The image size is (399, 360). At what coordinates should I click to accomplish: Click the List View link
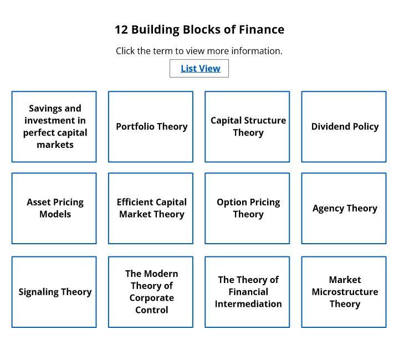pyautogui.click(x=201, y=68)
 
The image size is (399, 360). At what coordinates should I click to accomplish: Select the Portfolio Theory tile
pyautogui.click(x=151, y=127)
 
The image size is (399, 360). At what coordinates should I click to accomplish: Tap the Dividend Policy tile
pyautogui.click(x=344, y=127)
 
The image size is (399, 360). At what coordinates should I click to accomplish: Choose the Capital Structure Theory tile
pyautogui.click(x=247, y=127)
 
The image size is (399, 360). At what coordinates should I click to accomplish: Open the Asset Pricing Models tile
pyautogui.click(x=54, y=208)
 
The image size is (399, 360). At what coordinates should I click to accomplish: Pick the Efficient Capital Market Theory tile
pyautogui.click(x=151, y=208)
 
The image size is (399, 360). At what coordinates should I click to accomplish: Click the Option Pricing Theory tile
pyautogui.click(x=247, y=208)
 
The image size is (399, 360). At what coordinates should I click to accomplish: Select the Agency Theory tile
pyautogui.click(x=344, y=208)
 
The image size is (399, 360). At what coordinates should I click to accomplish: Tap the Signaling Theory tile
pyautogui.click(x=54, y=292)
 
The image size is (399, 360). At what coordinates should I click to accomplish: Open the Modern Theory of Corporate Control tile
pyautogui.click(x=151, y=292)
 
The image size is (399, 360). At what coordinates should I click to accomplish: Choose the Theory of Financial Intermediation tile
pyautogui.click(x=247, y=292)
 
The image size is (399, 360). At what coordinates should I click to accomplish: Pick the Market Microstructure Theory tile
pyautogui.click(x=344, y=292)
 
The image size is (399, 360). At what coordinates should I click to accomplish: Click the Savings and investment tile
pyautogui.click(x=54, y=127)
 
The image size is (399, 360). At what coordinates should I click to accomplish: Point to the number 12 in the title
pyautogui.click(x=121, y=29)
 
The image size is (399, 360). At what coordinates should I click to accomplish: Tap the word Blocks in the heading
pyautogui.click(x=202, y=29)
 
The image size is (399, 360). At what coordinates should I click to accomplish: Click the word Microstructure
pyautogui.click(x=345, y=292)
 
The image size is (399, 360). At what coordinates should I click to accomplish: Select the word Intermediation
pyautogui.click(x=248, y=304)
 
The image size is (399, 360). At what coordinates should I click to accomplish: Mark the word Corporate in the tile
pyautogui.click(x=152, y=298)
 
